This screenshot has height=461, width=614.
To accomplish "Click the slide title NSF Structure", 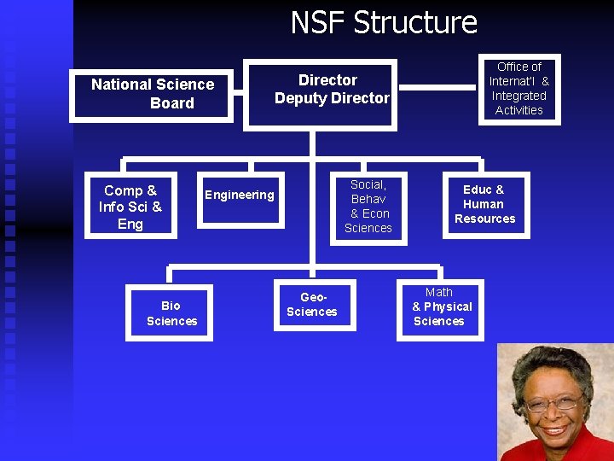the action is point(384,22).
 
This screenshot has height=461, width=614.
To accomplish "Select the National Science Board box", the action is point(153,94).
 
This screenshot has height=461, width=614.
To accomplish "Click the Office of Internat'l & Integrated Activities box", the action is point(518,88).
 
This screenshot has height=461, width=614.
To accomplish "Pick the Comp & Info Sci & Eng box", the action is point(130,207).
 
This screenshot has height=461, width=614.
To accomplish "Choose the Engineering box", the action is point(240,198).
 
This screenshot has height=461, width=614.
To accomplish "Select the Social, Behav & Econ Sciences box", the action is point(368,207).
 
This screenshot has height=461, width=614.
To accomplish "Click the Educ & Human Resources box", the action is point(484,205).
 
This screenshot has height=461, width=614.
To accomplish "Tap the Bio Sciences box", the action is point(171,313).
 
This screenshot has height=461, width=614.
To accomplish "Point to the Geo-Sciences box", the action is point(312,305).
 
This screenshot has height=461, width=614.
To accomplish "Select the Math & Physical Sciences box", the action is point(440,306).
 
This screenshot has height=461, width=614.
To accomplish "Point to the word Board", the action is point(172,103).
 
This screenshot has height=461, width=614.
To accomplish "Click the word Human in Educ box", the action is point(484,204).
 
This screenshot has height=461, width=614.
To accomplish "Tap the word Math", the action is point(439,292).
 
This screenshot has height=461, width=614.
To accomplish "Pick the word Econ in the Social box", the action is point(376,213).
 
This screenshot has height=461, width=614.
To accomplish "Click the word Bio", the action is point(171,306).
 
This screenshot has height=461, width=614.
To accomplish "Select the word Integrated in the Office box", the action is point(518,96).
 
